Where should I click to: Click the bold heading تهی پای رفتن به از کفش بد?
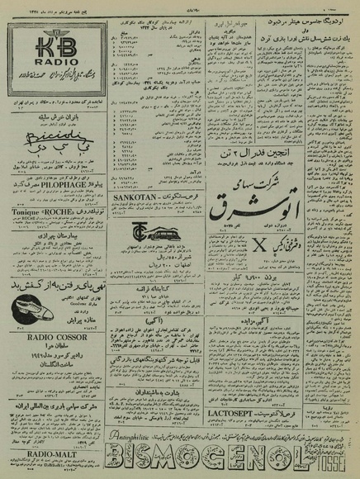pyautogui.click(x=53, y=284)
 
